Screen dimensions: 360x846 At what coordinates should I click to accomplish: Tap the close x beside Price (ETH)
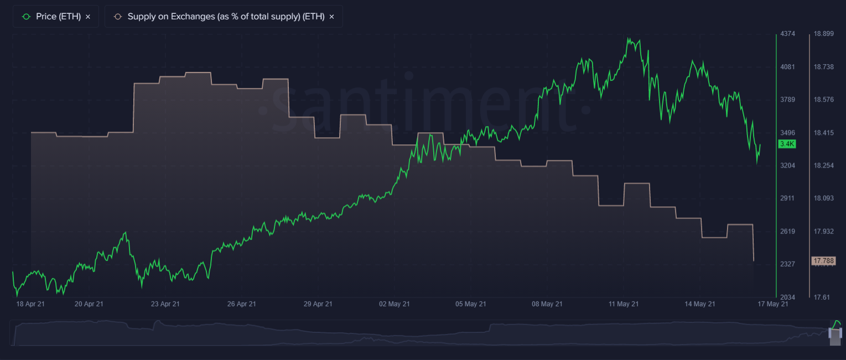(88, 17)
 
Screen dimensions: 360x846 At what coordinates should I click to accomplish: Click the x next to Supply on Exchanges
(331, 17)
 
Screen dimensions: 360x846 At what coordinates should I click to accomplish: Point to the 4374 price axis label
(787, 34)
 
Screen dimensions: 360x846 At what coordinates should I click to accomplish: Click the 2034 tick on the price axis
(787, 297)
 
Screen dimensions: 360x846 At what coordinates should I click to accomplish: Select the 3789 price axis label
(787, 100)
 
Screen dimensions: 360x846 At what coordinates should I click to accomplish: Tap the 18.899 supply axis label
(823, 34)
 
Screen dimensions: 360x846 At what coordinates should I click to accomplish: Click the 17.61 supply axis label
(821, 297)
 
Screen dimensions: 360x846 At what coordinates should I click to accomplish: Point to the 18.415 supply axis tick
(823, 133)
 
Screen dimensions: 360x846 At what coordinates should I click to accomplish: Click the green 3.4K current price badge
(786, 144)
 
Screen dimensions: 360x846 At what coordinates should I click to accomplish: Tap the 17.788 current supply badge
(823, 260)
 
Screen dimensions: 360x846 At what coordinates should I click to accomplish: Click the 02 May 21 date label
(395, 304)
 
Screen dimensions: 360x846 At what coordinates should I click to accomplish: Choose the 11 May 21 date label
(624, 304)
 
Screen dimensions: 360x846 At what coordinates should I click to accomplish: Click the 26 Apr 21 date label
(241, 304)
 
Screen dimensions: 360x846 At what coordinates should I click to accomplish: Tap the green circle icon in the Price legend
(25, 17)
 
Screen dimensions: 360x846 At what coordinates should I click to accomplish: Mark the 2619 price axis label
(787, 231)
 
